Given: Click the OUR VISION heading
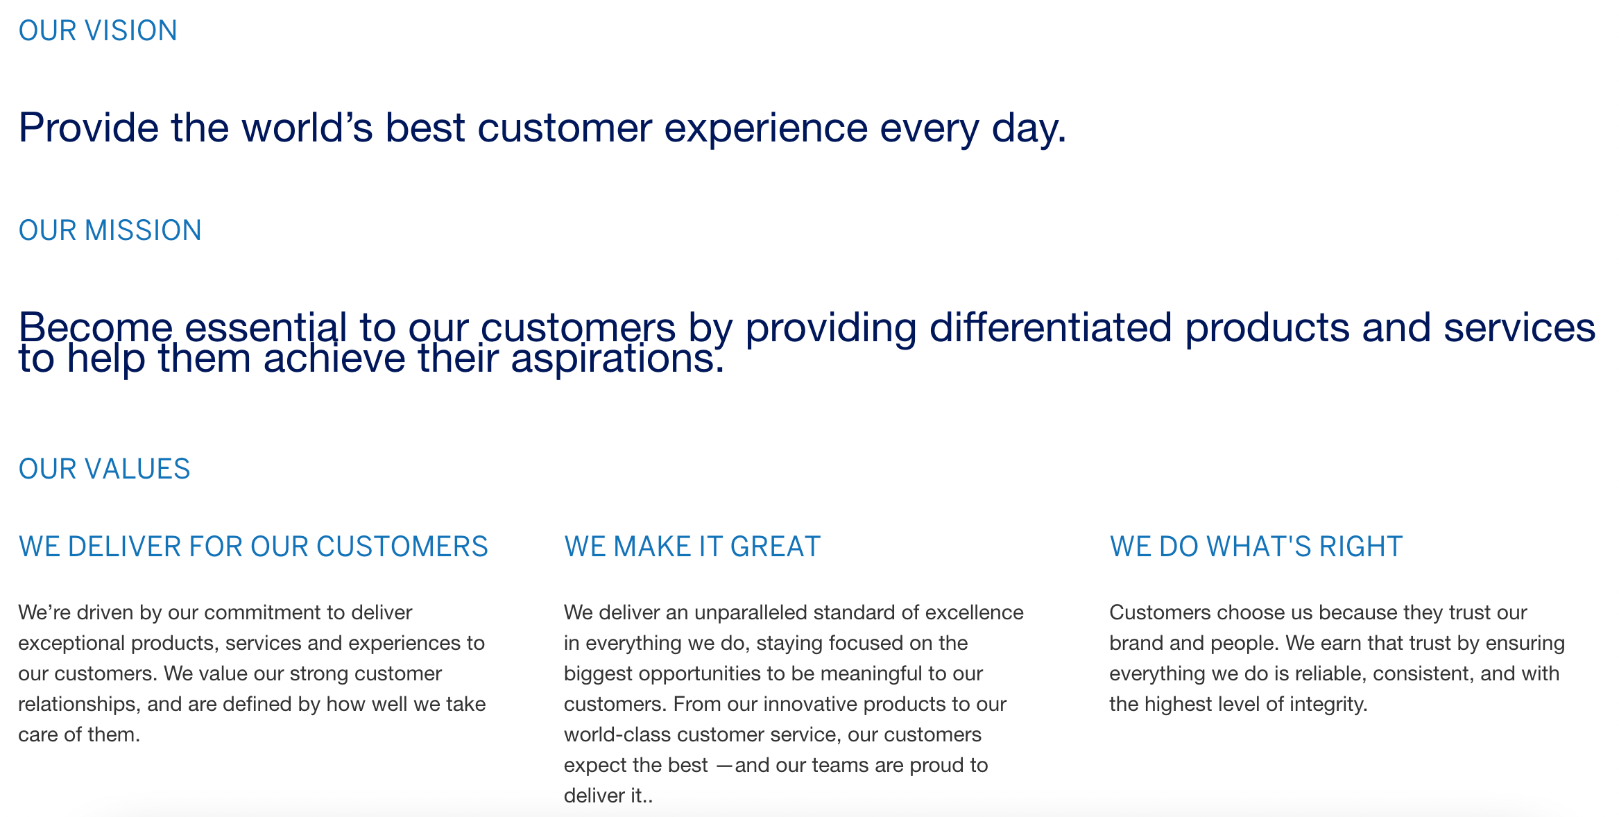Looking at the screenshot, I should [x=98, y=31].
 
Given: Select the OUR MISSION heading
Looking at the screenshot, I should [x=110, y=231].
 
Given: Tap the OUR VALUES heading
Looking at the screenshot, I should [x=104, y=470].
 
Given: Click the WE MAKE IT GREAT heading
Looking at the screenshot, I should [x=692, y=547].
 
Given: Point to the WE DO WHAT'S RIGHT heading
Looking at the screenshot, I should [x=1256, y=547].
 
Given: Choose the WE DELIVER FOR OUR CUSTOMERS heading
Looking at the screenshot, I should [x=253, y=547].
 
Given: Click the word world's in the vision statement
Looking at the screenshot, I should [x=307, y=128].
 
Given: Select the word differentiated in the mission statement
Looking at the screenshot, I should [x=1050, y=327].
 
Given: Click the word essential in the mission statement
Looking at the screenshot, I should [x=265, y=327].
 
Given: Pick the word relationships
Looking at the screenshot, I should [x=79, y=705].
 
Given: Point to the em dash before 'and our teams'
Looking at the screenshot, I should [x=723, y=766].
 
